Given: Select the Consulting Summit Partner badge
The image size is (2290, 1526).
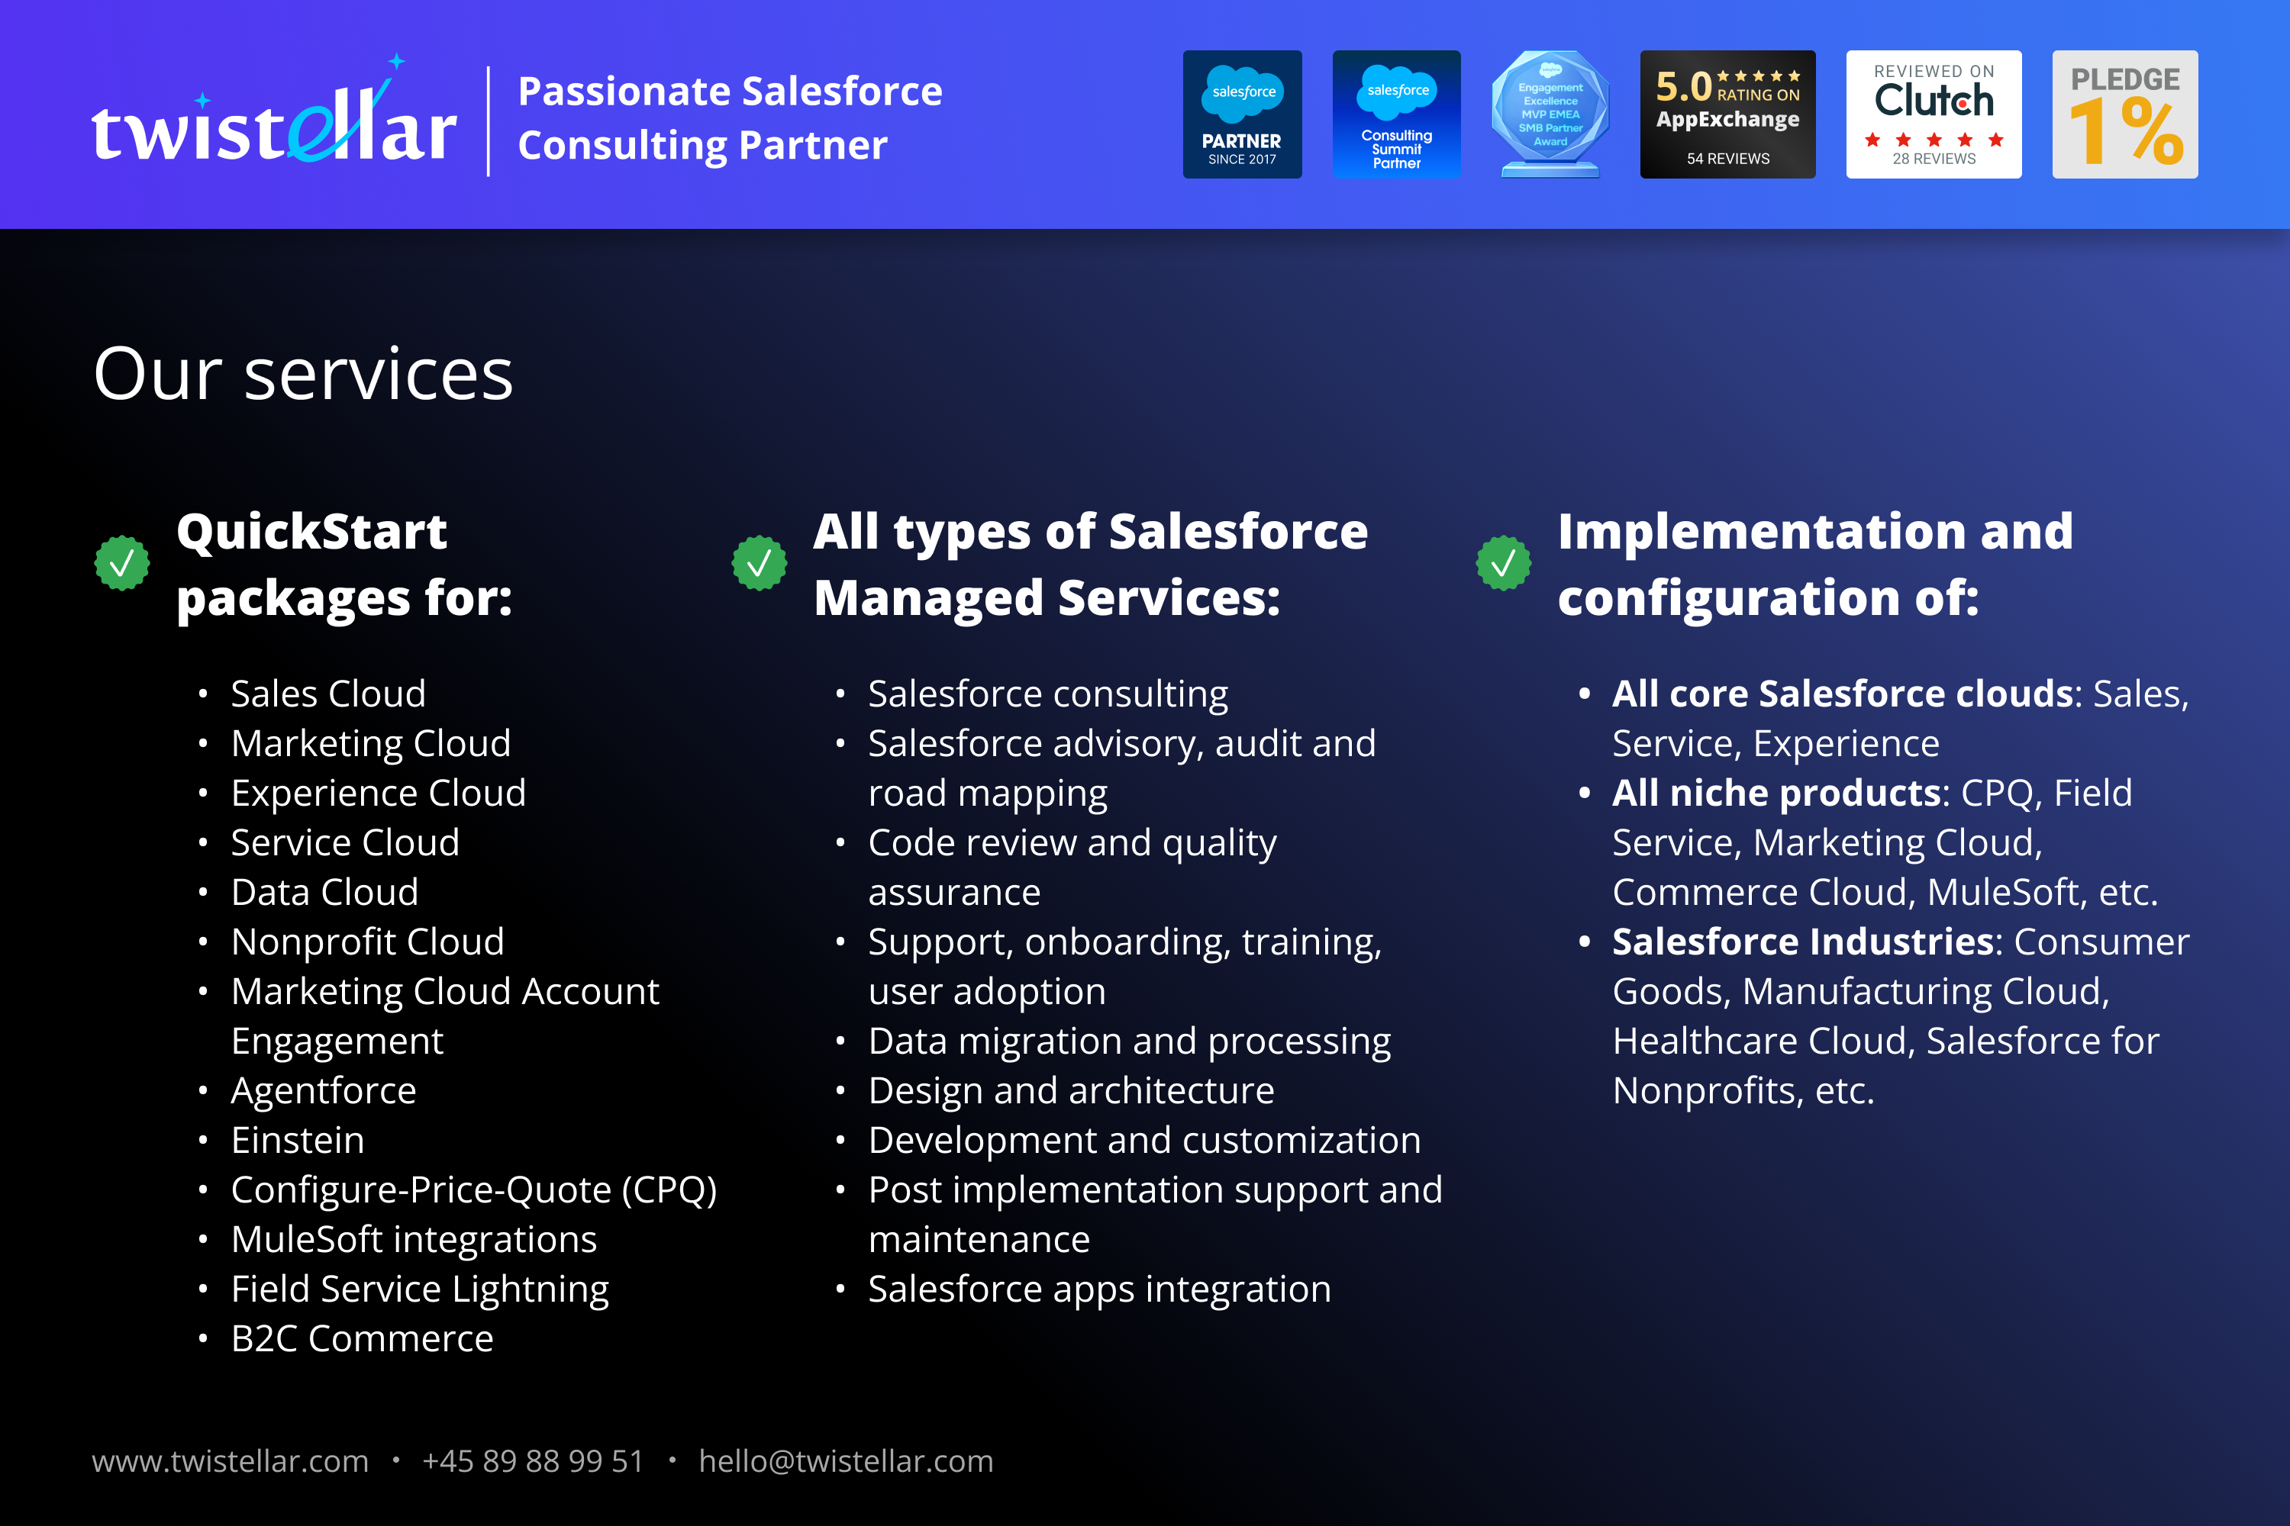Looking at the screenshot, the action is coord(1396,114).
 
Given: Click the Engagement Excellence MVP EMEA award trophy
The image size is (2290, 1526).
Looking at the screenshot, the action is coord(1550,114).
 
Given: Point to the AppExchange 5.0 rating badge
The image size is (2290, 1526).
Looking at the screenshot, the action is coord(1727,114).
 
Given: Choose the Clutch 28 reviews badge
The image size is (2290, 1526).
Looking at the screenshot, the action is coord(1934,114).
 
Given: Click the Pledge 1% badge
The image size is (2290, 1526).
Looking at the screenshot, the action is coord(2124,114).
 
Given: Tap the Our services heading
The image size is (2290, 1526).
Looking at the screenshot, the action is coord(303,374).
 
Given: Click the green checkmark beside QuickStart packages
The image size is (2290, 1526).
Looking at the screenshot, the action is coord(121,562).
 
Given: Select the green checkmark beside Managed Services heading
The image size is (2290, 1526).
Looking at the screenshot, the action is coord(760,562).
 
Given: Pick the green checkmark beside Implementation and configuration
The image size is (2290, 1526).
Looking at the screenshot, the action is coord(1503,562).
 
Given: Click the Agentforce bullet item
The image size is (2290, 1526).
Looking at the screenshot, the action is coord(323,1090).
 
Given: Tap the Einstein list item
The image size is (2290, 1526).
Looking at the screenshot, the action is coord(298,1140).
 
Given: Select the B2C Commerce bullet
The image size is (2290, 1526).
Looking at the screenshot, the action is coord(362,1338).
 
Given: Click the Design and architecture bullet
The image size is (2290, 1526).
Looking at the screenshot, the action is coord(1071,1090).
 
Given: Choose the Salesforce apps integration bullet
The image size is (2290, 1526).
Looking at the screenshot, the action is coord(1099,1289).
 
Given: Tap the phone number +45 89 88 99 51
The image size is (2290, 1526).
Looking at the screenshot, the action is coord(533,1461).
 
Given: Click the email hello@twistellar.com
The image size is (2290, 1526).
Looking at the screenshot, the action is coord(846,1461).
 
